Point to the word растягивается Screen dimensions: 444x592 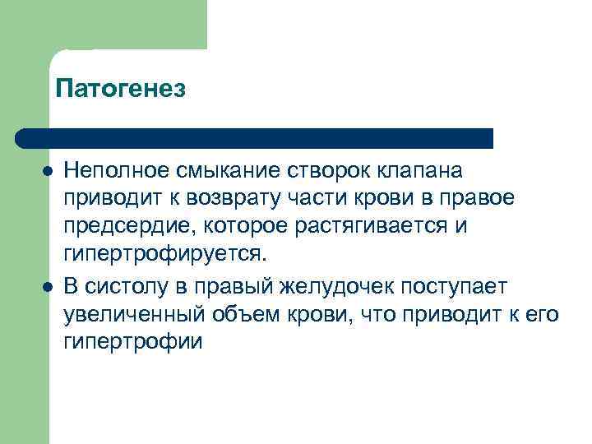[x=375, y=226]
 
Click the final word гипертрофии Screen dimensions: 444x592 [x=132, y=341]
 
